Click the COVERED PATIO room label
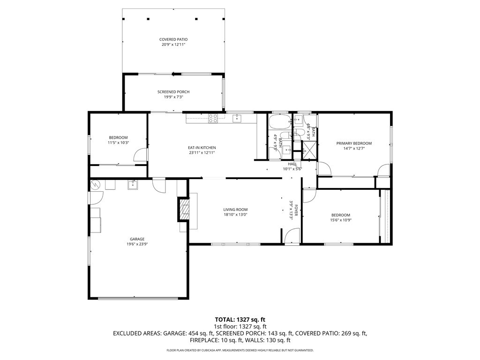click(173, 39)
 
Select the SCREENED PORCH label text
click(173, 92)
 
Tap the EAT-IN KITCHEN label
click(202, 148)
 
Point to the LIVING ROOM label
click(235, 210)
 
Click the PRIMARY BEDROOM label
click(354, 143)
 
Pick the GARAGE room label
click(137, 239)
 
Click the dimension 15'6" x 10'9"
click(340, 220)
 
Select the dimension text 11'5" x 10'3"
click(118, 142)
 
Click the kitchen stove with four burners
click(213, 118)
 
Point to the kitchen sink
click(237, 118)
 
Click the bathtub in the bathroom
click(279, 122)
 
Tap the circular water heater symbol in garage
click(95, 185)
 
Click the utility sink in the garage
click(133, 185)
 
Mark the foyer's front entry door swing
click(292, 236)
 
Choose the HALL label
click(292, 164)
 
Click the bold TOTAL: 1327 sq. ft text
click(240, 320)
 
